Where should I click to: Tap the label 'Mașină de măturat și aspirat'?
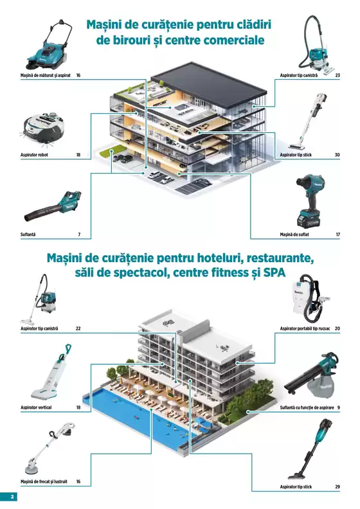[46, 75]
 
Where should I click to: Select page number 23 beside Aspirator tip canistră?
[337, 75]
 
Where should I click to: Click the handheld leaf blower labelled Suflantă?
[53, 206]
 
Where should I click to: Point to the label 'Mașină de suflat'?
[294, 235]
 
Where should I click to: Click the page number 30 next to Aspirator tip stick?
[337, 155]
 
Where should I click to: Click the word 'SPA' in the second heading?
[274, 272]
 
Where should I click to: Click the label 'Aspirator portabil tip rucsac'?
[305, 328]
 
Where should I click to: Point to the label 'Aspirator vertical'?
[36, 407]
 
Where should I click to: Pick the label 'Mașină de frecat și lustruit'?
[44, 481]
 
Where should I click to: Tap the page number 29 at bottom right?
[337, 487]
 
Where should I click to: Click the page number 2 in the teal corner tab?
[12, 497]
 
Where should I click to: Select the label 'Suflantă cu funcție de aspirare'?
[307, 407]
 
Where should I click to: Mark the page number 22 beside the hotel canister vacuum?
[78, 328]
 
